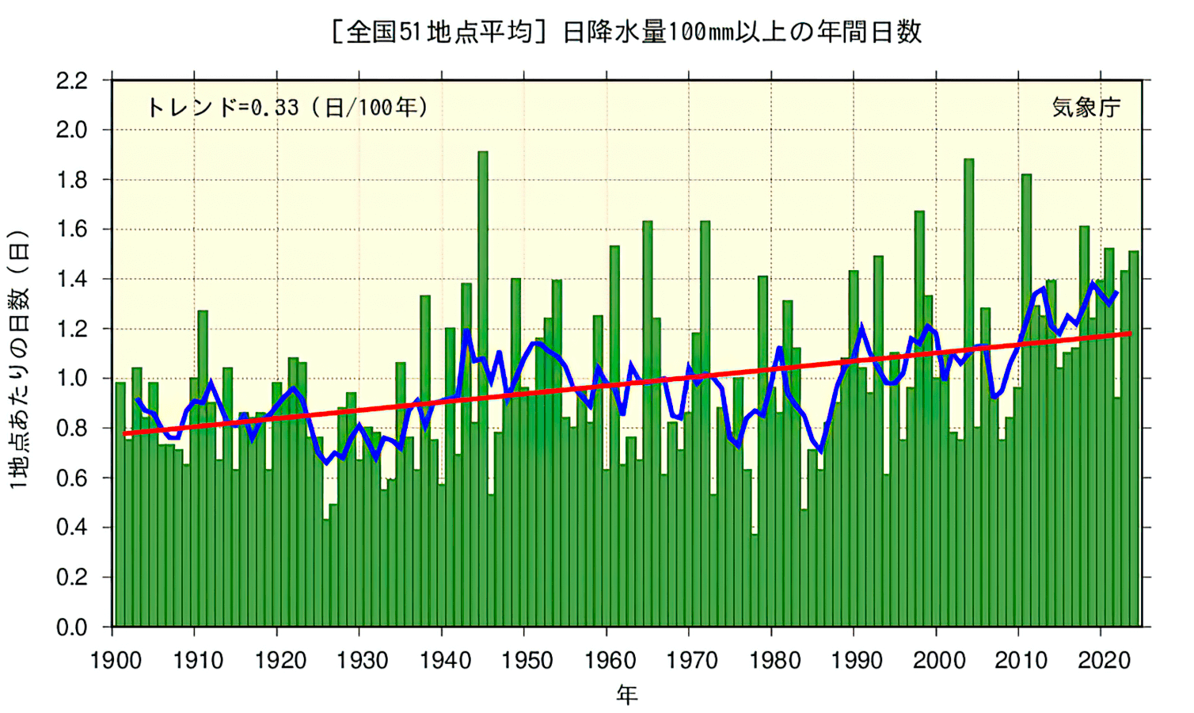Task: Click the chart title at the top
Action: click(x=626, y=32)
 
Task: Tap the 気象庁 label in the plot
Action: click(x=1086, y=107)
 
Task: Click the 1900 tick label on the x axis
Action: click(x=116, y=660)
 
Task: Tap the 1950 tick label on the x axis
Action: click(x=527, y=660)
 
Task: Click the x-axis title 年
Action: click(x=627, y=696)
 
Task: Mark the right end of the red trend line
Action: click(x=1130, y=334)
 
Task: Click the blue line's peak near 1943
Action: click(x=467, y=331)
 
